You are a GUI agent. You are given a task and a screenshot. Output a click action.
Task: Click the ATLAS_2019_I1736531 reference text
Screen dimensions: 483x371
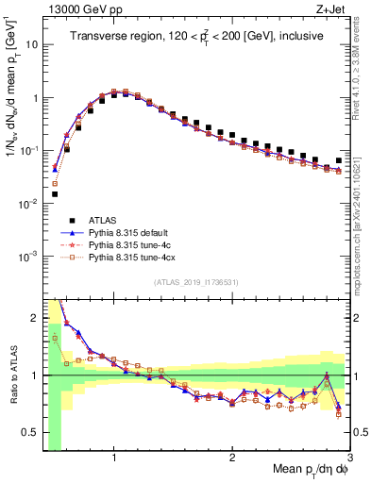[x=197, y=281]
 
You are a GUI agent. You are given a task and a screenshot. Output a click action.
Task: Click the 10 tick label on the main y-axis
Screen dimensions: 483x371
[x=31, y=44]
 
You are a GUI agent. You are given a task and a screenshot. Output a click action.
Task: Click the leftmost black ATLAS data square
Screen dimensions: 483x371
[x=54, y=194]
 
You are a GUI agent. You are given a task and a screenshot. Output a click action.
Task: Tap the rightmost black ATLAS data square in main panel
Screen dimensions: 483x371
[x=339, y=161]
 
